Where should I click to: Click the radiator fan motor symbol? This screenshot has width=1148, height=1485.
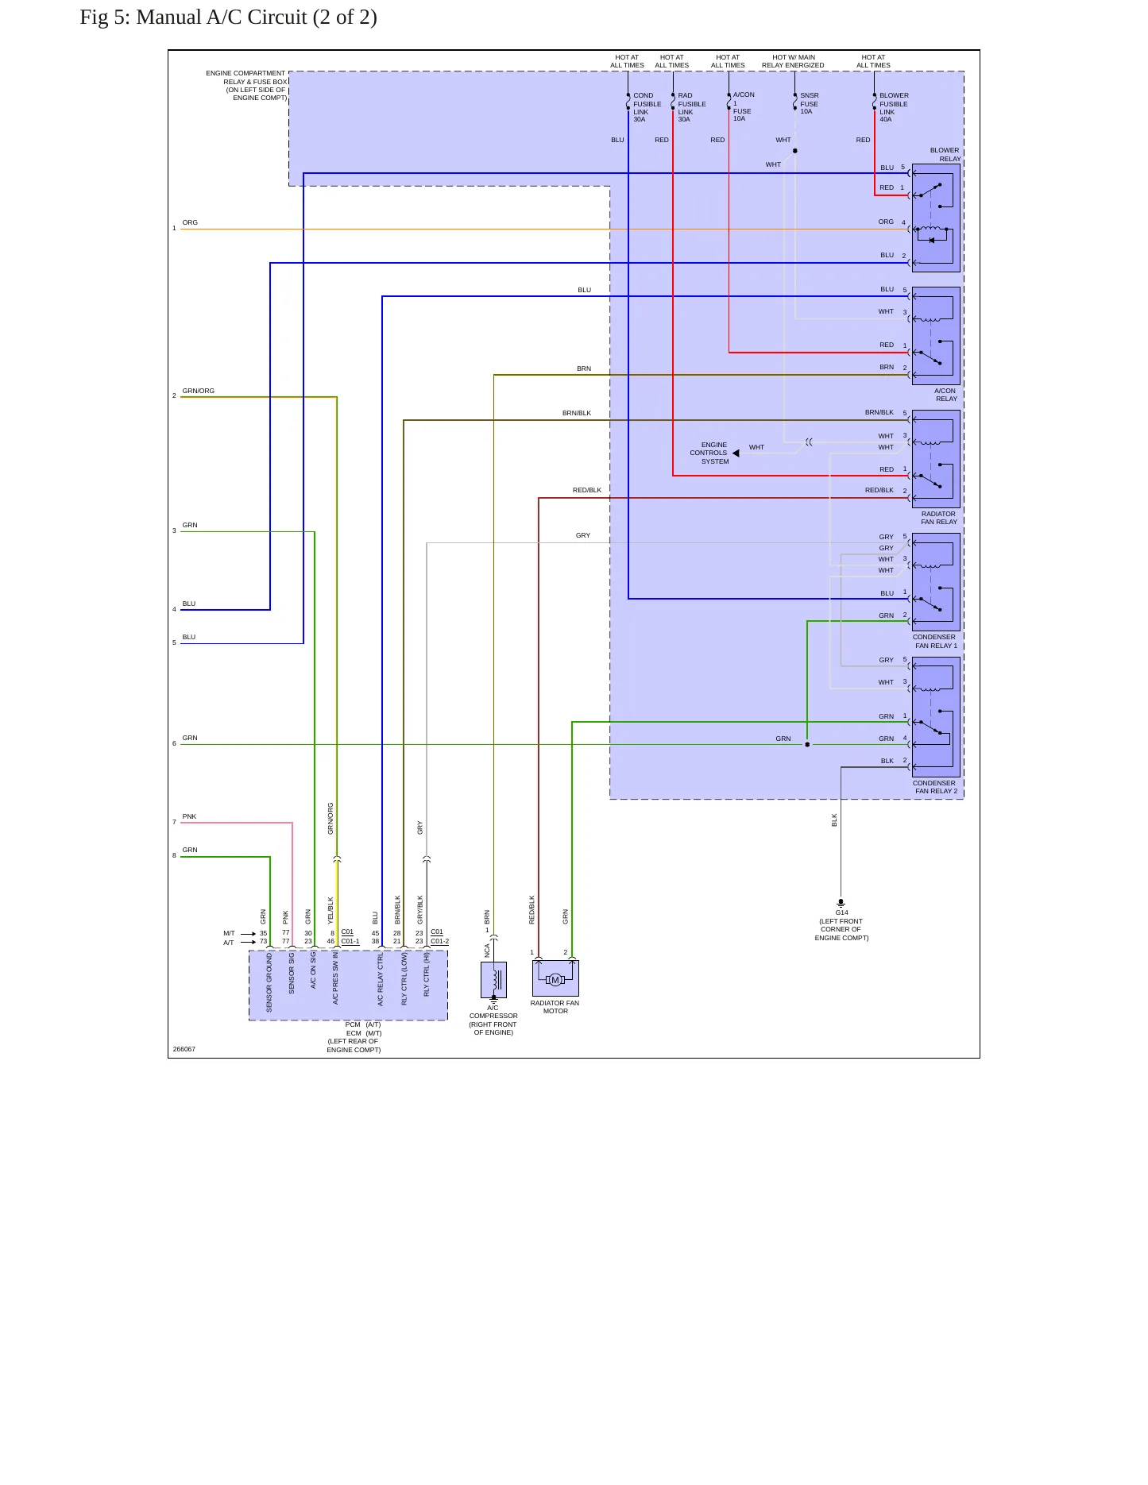[555, 978]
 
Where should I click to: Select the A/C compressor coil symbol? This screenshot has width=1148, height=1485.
[493, 979]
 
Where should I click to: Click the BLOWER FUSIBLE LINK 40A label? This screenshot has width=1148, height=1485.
[894, 107]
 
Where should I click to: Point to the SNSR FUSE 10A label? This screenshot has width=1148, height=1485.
[809, 103]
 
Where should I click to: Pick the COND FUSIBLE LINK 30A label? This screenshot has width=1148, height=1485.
[647, 107]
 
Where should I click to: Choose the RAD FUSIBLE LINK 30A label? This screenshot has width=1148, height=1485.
[692, 107]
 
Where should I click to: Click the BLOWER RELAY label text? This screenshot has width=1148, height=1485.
[945, 154]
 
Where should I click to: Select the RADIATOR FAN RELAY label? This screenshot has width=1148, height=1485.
[939, 518]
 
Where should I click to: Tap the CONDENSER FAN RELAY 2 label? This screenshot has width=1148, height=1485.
[935, 787]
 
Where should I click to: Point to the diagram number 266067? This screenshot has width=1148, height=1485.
[184, 1049]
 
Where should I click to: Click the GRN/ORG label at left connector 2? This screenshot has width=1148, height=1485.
[198, 391]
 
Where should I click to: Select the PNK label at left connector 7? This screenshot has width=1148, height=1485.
[189, 816]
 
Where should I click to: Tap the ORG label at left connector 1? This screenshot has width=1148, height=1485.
[190, 222]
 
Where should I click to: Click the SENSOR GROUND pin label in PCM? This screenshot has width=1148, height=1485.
[269, 982]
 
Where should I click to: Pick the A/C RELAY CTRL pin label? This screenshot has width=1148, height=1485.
[381, 979]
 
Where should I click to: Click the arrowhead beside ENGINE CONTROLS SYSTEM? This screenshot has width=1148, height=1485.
[736, 453]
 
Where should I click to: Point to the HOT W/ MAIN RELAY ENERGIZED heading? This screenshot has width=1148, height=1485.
[793, 61]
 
